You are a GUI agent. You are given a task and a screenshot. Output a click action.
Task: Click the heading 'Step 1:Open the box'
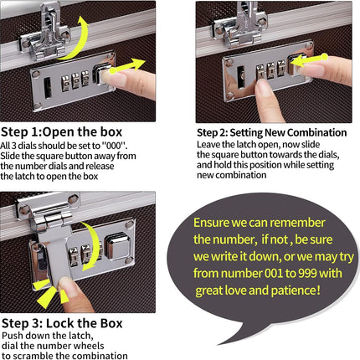click(x=62, y=132)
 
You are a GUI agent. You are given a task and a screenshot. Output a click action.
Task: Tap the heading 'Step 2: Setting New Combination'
click(x=272, y=132)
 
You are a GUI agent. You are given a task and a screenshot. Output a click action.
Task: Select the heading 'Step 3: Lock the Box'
click(x=62, y=323)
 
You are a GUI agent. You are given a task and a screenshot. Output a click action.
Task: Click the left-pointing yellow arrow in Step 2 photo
click(x=310, y=60)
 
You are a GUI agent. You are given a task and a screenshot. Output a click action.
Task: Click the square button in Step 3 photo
click(x=117, y=246)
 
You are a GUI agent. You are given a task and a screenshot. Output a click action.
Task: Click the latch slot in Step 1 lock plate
click(x=48, y=88)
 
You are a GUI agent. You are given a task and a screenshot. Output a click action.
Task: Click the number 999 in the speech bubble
click(x=307, y=273)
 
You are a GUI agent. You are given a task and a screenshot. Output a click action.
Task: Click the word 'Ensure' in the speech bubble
click(x=211, y=223)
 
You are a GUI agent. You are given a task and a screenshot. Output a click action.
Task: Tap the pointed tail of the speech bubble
click(x=220, y=343)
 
